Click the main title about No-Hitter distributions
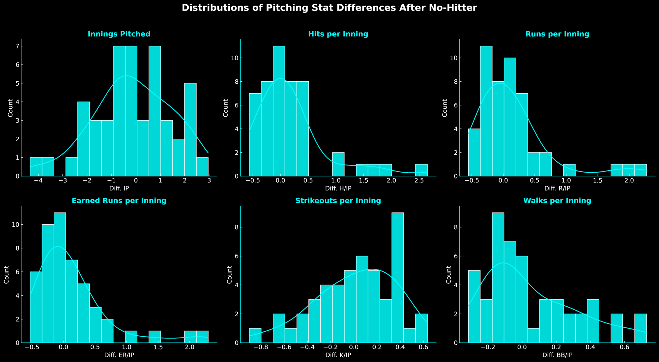click(x=329, y=8)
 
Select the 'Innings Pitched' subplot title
click(x=119, y=34)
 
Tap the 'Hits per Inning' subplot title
click(x=338, y=34)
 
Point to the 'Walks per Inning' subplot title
click(x=557, y=201)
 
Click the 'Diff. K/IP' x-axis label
click(x=338, y=355)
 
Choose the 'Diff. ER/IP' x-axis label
click(x=119, y=355)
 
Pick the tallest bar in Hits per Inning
click(x=279, y=111)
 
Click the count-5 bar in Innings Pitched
click(x=190, y=129)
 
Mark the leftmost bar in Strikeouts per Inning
click(x=255, y=336)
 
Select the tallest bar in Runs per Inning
click(x=486, y=111)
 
